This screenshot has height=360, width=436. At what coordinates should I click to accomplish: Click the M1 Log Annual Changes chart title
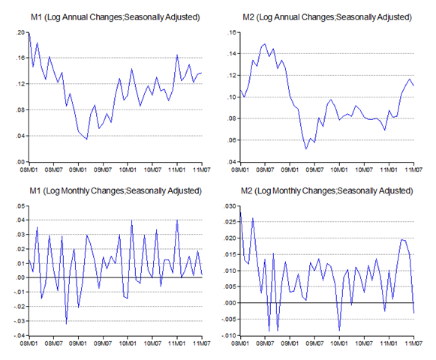pyautogui.click(x=115, y=17)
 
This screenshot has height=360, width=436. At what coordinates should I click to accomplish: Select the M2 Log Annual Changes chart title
pyautogui.click(x=327, y=17)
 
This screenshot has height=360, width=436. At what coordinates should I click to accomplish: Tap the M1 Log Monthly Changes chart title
pyautogui.click(x=116, y=191)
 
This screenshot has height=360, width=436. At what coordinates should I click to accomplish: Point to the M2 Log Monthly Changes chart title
pyautogui.click(x=327, y=191)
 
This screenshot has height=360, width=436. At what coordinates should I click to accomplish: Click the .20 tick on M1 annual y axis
pyautogui.click(x=20, y=32)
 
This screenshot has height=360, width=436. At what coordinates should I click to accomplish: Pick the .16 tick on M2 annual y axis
pyautogui.click(x=232, y=32)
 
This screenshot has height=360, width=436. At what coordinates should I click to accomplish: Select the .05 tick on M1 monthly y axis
pyautogui.click(x=20, y=206)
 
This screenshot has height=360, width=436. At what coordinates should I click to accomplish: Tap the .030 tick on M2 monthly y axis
pyautogui.click(x=230, y=206)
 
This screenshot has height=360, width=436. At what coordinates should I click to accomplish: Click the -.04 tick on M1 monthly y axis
pyautogui.click(x=20, y=335)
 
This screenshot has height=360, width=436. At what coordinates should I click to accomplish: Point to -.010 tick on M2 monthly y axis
pyautogui.click(x=229, y=335)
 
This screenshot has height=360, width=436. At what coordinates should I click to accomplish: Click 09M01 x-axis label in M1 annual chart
pyautogui.click(x=78, y=169)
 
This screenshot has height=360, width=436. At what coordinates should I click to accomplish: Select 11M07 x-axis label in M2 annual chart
pyautogui.click(x=413, y=169)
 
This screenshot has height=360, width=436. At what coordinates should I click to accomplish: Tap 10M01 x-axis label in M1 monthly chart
pyautogui.click(x=128, y=343)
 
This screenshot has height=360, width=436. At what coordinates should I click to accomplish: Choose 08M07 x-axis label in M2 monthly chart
pyautogui.click(x=265, y=343)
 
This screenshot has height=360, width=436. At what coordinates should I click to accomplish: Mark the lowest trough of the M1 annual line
pyautogui.click(x=87, y=139)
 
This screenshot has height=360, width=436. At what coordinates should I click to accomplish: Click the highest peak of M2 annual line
pyautogui.click(x=265, y=43)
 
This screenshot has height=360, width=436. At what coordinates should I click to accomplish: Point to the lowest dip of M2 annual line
pyautogui.click(x=306, y=149)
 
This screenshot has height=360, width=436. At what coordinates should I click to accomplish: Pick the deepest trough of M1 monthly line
pyautogui.click(x=66, y=324)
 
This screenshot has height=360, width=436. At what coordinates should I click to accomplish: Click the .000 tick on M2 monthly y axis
pyautogui.click(x=230, y=303)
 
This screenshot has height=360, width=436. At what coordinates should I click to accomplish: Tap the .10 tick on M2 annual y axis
pyautogui.click(x=232, y=97)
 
